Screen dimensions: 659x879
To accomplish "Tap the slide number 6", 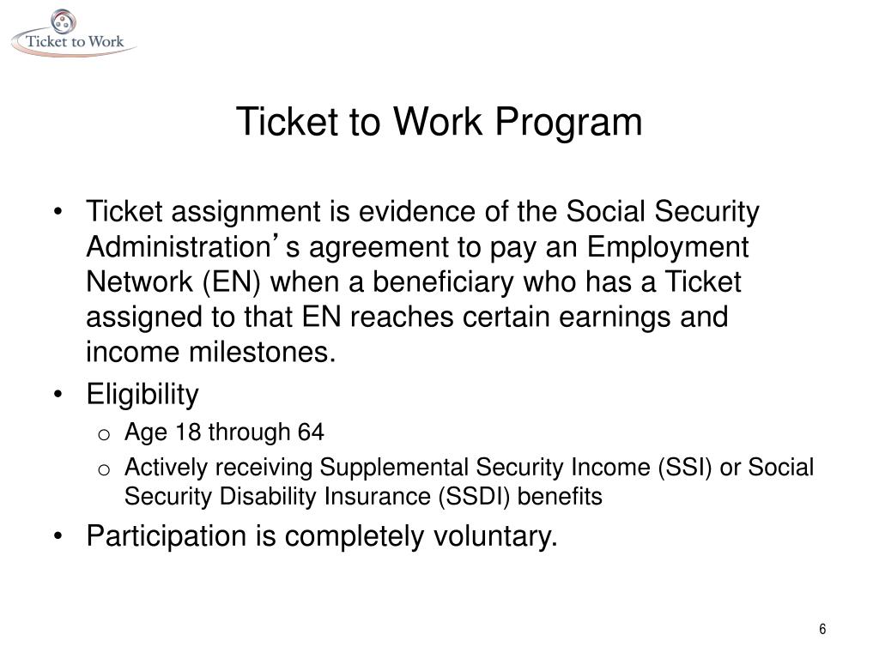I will click(822, 630).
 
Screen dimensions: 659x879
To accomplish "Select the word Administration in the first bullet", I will click(178, 247).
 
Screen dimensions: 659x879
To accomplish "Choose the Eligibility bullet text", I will click(142, 395).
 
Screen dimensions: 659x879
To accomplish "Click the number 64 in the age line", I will click(311, 432).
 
